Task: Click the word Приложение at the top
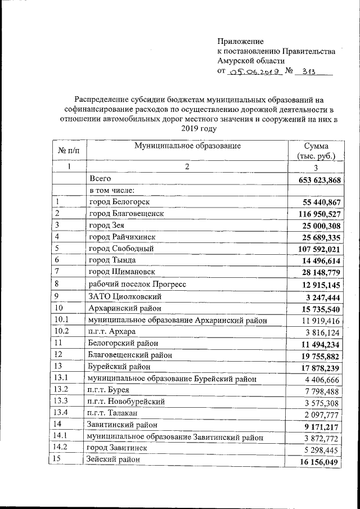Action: point(240,41)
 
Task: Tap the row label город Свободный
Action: point(121,249)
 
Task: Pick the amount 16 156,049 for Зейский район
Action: point(319,461)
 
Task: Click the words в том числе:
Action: point(111,190)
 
